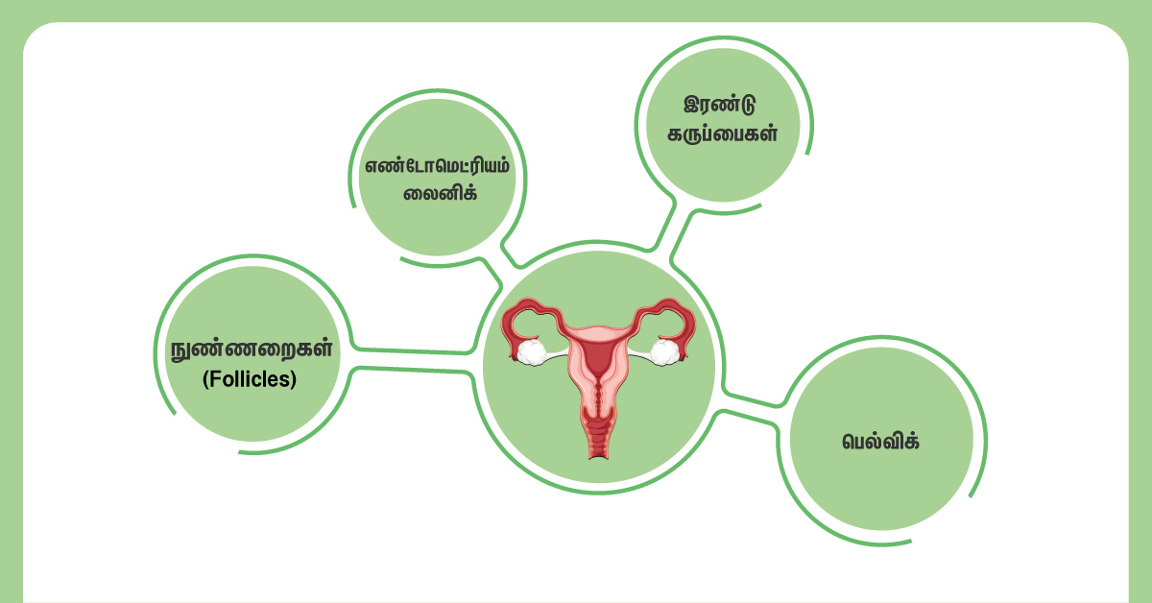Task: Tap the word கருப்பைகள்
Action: click(721, 133)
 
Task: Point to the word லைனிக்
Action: click(436, 193)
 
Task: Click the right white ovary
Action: click(664, 351)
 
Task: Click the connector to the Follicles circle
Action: click(413, 361)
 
